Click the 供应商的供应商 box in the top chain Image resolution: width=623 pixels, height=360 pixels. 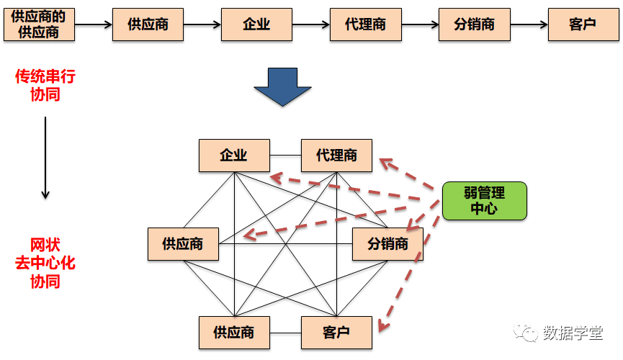(x=39, y=24)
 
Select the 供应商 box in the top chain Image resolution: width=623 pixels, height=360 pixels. (x=148, y=24)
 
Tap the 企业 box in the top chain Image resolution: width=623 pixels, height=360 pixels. (x=256, y=24)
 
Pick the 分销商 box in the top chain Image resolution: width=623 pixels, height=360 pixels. (x=474, y=24)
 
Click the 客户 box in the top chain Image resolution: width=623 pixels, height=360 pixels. (x=583, y=24)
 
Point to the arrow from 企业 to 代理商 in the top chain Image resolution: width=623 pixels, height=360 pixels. (x=310, y=24)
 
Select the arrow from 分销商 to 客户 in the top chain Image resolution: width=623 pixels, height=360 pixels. (x=528, y=24)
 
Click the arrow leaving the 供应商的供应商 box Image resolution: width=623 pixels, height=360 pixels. (x=93, y=24)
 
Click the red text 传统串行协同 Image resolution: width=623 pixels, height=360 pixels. (x=45, y=85)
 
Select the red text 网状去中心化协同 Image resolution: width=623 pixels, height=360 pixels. (x=45, y=263)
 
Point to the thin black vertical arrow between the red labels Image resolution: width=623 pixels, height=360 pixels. (x=45, y=157)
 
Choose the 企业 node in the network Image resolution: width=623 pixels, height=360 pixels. (x=234, y=156)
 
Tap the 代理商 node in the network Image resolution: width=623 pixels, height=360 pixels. (x=336, y=156)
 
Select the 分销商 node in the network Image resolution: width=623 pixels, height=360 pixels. (x=387, y=244)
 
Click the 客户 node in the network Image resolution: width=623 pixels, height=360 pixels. (x=336, y=333)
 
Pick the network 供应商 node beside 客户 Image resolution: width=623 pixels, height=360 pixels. (x=234, y=333)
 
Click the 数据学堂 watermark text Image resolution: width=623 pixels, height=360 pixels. (x=573, y=332)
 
